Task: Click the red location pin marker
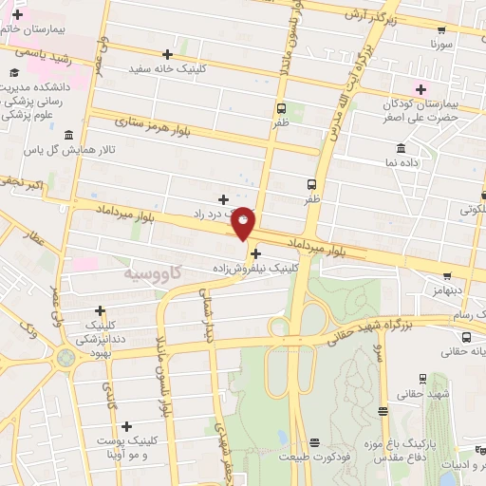244,222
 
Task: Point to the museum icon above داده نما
400,149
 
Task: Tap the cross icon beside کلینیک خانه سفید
168,54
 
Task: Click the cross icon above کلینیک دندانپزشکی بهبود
100,309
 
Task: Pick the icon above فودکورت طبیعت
314,444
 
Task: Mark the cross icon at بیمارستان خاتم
17,15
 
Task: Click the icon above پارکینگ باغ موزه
383,411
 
